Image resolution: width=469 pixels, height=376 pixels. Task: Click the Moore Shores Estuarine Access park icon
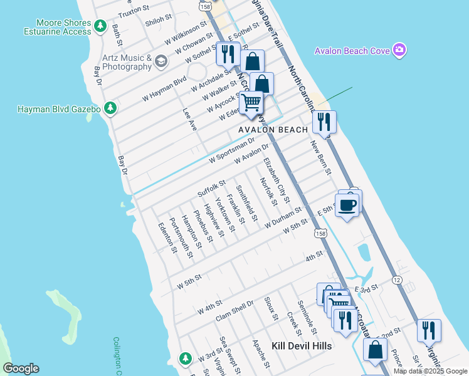100,26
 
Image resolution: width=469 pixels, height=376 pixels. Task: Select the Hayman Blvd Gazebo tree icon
110,108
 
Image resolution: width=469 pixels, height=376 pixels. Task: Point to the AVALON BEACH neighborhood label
273,130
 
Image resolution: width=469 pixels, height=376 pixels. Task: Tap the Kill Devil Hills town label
302,345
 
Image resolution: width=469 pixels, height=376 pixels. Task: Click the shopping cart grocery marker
251,102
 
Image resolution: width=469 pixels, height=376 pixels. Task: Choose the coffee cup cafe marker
347,204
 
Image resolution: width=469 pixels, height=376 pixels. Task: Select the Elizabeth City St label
277,180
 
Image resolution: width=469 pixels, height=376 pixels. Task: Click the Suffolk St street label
211,187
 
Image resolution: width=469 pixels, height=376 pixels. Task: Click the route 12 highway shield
396,279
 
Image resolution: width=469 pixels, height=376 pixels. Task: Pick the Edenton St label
167,238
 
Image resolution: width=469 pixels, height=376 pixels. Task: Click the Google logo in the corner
21,368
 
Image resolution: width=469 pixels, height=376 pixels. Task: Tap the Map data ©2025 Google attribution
430,371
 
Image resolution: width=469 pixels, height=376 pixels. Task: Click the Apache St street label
260,354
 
